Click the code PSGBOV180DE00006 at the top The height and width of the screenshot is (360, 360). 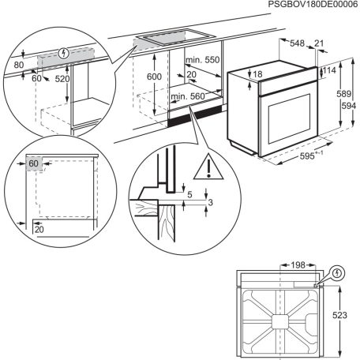coord(313,5)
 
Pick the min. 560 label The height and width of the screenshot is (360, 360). coord(186,96)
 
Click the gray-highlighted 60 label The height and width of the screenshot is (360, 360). coord(33,164)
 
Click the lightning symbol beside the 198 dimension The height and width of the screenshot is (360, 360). coord(338,272)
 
